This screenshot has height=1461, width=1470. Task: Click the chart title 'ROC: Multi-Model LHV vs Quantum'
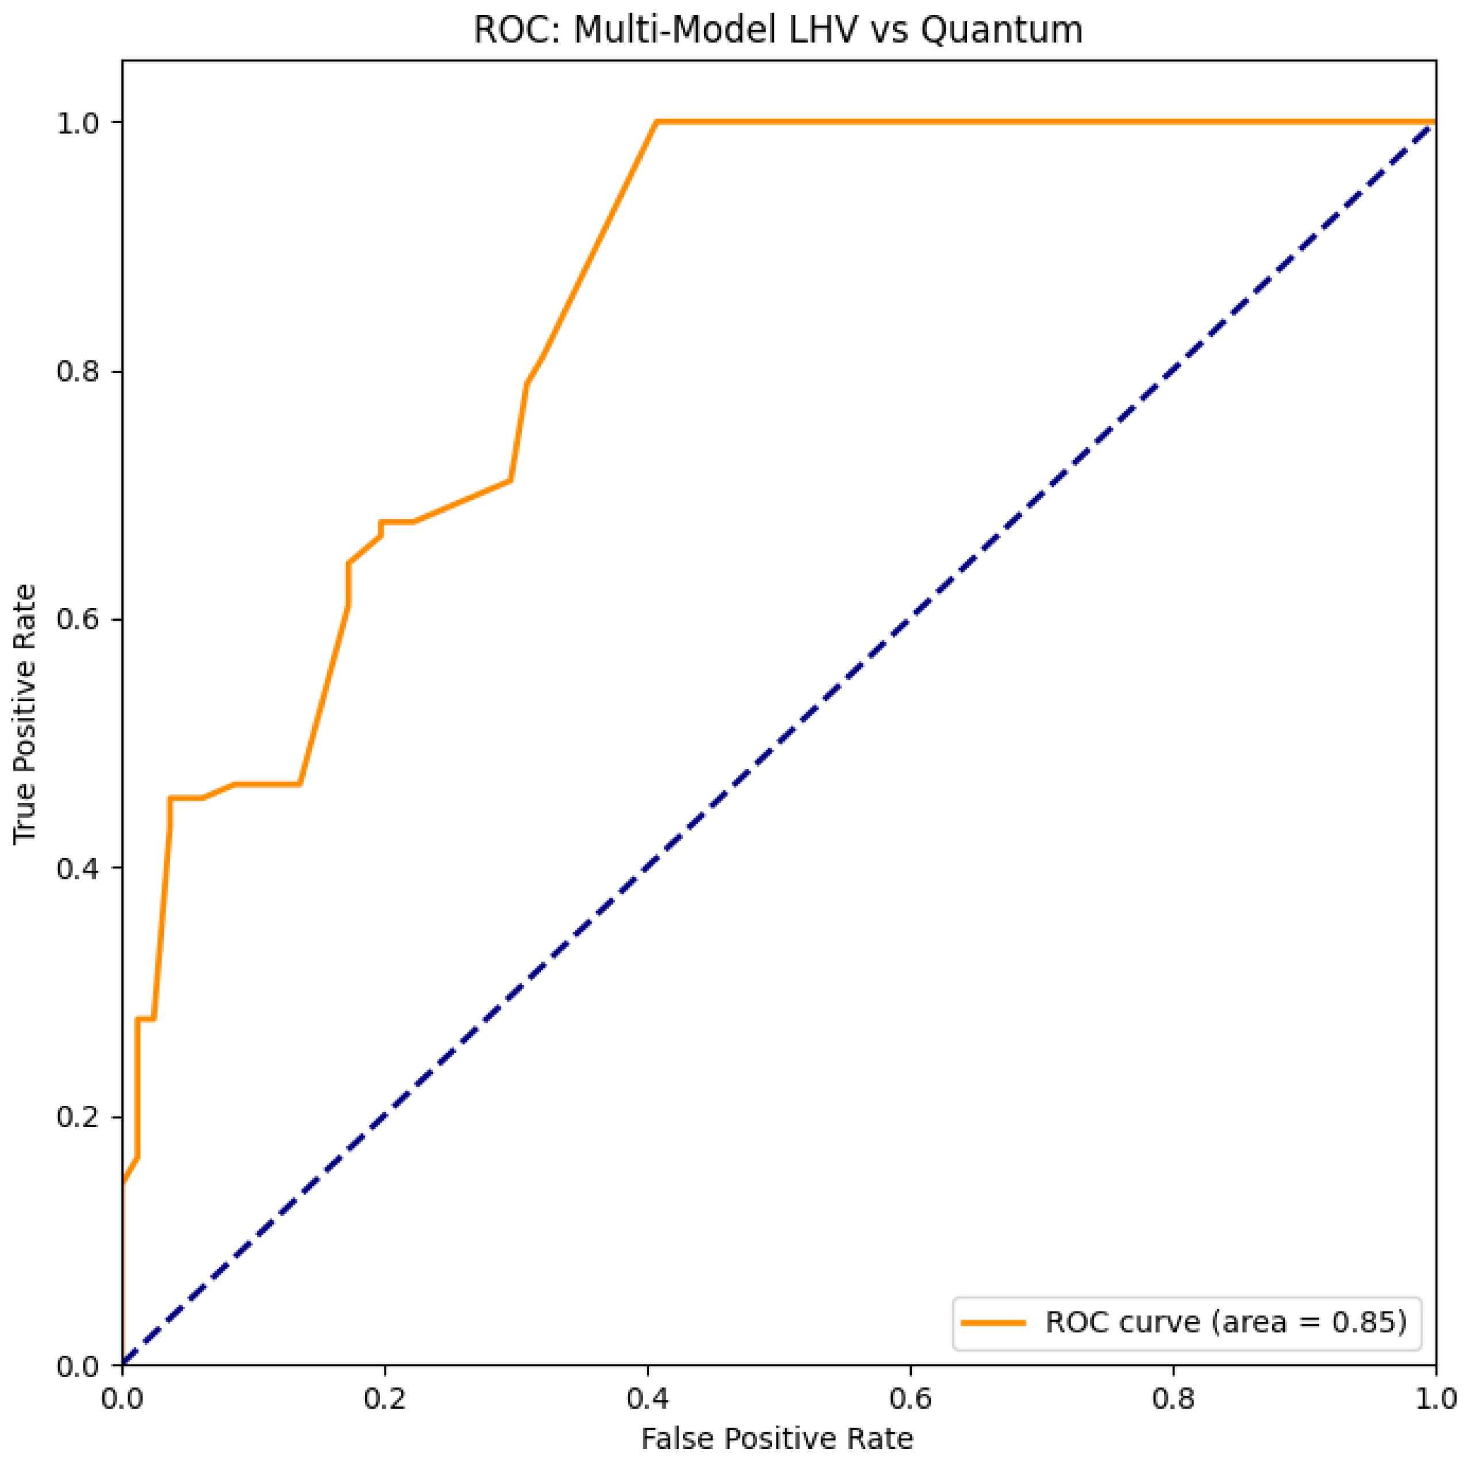click(778, 30)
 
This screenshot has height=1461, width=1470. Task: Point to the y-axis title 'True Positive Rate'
click(25, 713)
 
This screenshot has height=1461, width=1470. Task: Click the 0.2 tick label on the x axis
click(385, 1398)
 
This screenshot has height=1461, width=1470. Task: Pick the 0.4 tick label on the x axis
click(647, 1398)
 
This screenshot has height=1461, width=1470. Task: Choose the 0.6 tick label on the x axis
click(911, 1398)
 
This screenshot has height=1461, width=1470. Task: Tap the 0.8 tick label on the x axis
click(1173, 1398)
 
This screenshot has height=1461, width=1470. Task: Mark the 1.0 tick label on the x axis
click(1435, 1398)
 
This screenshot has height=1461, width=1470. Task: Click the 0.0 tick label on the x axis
click(122, 1398)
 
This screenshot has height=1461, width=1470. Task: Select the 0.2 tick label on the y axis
click(79, 1117)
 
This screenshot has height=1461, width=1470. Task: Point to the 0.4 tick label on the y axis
click(79, 868)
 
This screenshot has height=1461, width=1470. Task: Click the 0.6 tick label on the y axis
click(79, 619)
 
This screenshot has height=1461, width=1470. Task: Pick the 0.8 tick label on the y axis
click(79, 371)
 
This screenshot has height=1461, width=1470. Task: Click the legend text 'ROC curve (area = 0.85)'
click(1226, 1322)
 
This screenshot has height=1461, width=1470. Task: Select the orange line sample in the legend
click(993, 1322)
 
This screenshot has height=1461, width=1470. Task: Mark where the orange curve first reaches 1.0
click(656, 122)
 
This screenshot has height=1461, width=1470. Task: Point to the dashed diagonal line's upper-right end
click(1433, 124)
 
